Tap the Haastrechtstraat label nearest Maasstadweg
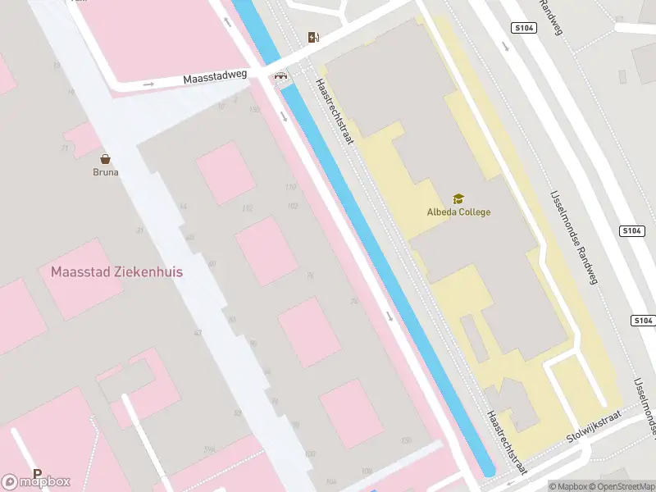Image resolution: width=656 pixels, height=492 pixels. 335,112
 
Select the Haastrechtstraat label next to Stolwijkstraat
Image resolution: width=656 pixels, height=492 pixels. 506,443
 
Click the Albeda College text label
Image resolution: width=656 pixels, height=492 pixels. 458,212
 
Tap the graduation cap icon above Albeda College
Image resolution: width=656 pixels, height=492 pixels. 458,198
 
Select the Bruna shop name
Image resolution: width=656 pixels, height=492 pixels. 105,172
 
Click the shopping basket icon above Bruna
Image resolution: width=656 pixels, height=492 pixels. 105,159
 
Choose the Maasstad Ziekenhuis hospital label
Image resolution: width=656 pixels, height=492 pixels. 116,271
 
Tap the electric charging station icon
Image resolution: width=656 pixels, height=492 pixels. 312,37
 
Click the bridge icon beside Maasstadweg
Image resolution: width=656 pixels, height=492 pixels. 282,77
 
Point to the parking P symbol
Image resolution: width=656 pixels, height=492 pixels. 37,473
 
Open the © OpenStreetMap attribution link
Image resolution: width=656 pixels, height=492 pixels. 622,486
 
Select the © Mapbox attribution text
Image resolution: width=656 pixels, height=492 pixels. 568,486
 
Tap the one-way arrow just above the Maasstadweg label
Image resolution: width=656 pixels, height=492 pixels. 148,84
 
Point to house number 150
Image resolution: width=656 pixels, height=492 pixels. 406,441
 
